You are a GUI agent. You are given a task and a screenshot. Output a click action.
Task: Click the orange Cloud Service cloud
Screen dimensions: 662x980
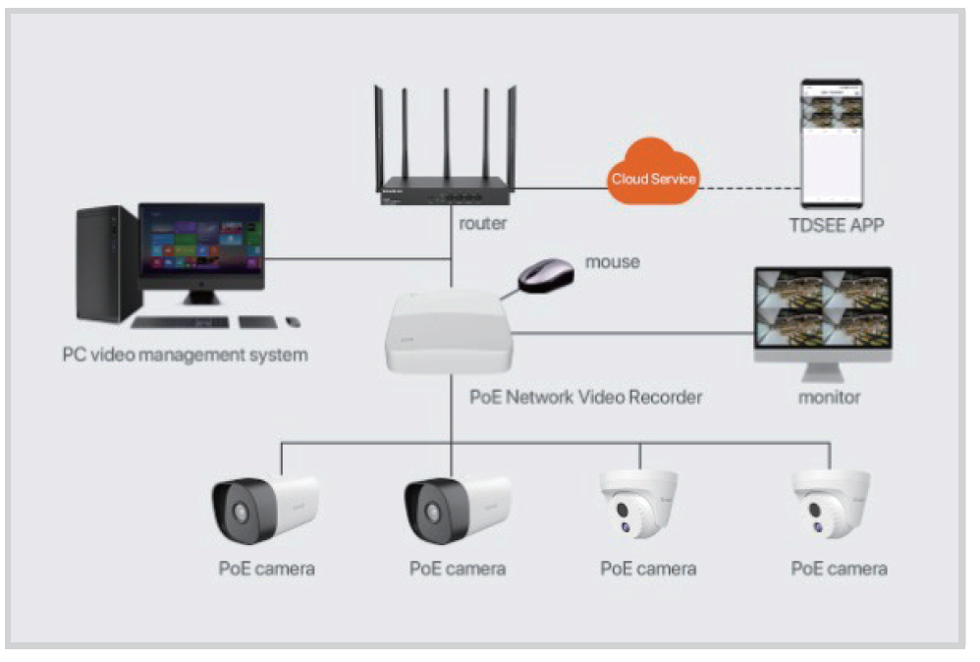[x=653, y=178]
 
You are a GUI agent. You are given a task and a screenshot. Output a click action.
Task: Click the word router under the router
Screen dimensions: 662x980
[x=483, y=223]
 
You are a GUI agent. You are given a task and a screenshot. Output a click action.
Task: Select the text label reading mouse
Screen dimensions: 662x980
[x=612, y=262]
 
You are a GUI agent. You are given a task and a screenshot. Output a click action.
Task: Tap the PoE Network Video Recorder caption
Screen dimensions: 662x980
[x=586, y=398]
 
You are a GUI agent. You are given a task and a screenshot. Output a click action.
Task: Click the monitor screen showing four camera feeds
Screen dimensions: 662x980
[x=823, y=308]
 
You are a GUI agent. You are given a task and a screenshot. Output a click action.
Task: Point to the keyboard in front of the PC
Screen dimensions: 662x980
[x=181, y=322]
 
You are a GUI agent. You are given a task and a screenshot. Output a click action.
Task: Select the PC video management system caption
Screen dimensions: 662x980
[x=185, y=355]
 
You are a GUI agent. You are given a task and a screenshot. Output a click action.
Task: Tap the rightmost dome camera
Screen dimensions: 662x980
[x=831, y=505]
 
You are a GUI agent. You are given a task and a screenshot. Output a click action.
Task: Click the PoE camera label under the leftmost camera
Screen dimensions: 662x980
[x=266, y=569]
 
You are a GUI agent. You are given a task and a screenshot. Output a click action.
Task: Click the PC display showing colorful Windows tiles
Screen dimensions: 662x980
[x=202, y=240]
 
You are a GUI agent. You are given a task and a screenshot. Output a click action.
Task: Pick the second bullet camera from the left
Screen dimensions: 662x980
[x=457, y=509]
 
